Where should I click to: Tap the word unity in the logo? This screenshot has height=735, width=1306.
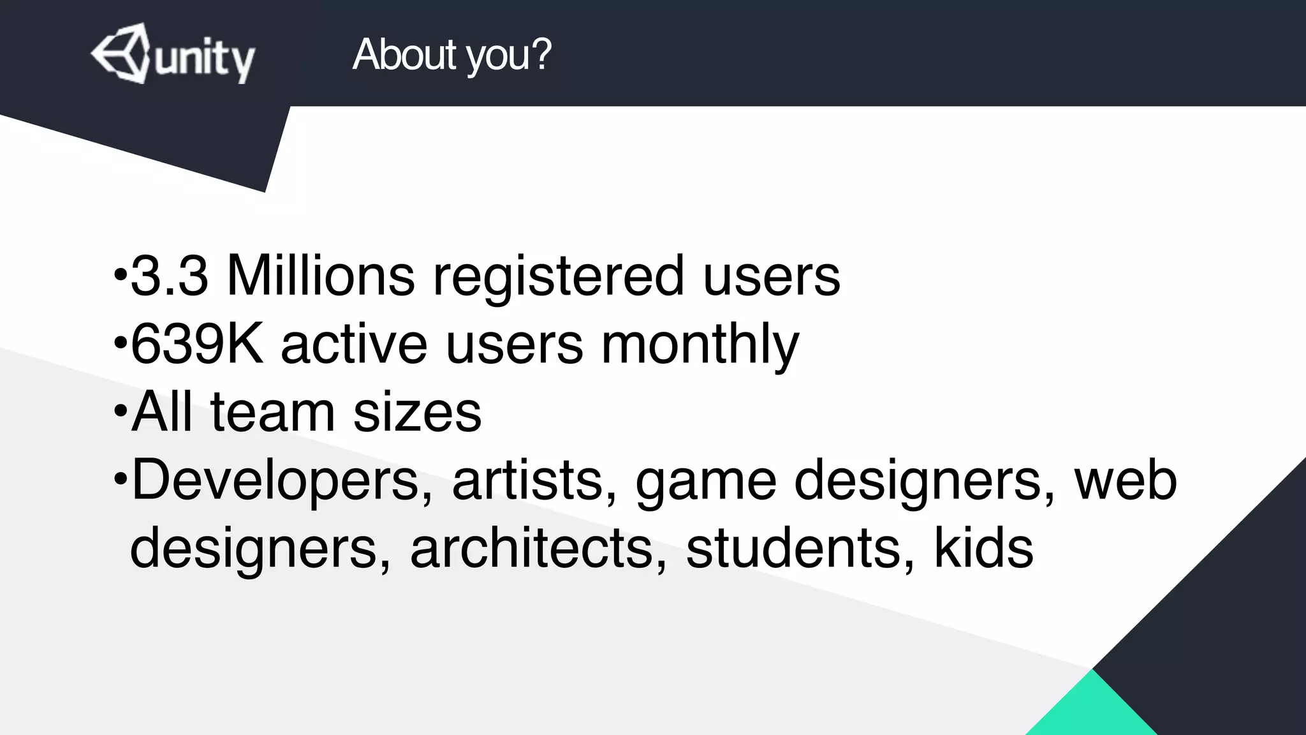click(x=204, y=61)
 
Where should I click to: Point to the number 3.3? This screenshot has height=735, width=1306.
click(x=170, y=276)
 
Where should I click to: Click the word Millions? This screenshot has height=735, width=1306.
click(x=321, y=276)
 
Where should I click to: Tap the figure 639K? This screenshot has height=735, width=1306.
click(x=196, y=344)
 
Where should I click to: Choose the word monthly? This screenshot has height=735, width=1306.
click(x=700, y=345)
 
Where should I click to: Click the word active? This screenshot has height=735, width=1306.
click(x=354, y=344)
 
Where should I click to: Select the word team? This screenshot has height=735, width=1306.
click(x=272, y=412)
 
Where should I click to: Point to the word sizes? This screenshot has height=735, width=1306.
click(x=418, y=412)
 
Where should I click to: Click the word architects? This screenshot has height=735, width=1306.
click(x=539, y=549)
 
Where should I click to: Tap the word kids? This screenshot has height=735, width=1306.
click(x=983, y=549)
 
